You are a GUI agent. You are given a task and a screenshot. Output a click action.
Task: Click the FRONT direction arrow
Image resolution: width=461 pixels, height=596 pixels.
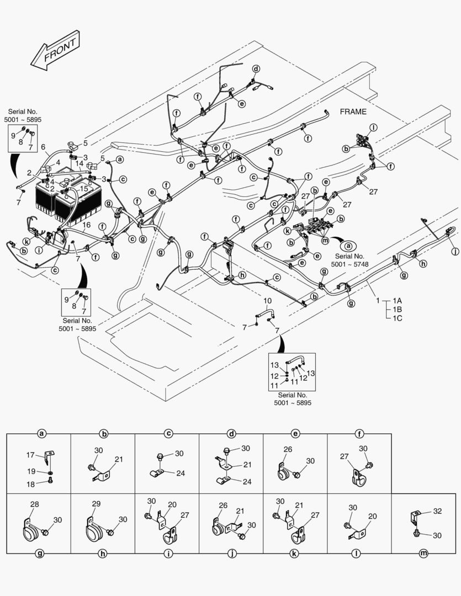56,51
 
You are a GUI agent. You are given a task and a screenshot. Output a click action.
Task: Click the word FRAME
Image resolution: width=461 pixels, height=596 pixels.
353,111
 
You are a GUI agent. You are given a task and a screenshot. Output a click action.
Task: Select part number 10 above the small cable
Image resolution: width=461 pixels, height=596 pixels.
267,301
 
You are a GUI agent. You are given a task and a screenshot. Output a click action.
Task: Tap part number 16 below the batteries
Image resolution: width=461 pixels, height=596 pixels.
87,226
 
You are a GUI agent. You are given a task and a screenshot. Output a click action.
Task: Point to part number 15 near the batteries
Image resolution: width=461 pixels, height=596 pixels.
84,188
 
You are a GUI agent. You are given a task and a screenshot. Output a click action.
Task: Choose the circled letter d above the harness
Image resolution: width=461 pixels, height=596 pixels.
256,68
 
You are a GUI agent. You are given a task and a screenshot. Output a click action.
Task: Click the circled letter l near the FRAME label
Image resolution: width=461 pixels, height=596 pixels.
374,127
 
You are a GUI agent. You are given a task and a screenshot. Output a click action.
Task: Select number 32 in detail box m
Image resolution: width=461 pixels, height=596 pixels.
438,511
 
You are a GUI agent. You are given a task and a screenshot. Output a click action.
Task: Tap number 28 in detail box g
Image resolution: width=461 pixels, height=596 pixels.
34,504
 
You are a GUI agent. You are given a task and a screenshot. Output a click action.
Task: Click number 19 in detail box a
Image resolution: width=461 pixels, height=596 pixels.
31,471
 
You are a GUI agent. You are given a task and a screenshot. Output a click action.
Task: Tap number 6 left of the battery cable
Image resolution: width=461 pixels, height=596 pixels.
43,147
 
